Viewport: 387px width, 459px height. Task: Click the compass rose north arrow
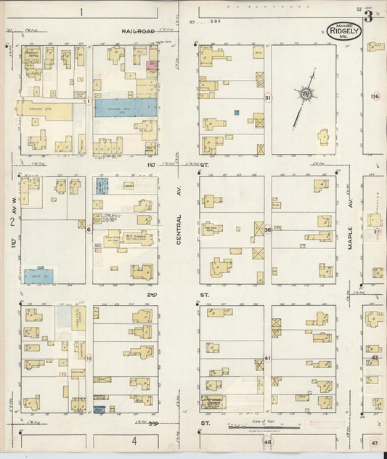coord(304,94)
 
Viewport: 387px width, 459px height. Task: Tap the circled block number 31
coord(268,97)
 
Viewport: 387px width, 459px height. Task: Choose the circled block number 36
coord(268,229)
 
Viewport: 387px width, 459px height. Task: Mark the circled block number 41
coord(267,358)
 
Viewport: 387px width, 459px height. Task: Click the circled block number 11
coord(89,358)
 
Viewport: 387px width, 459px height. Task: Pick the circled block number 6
coord(89,229)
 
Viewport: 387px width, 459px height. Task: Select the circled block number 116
coord(375,97)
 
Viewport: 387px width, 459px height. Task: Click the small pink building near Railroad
coord(152,65)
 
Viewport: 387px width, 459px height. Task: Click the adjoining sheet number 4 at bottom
coord(134,441)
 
